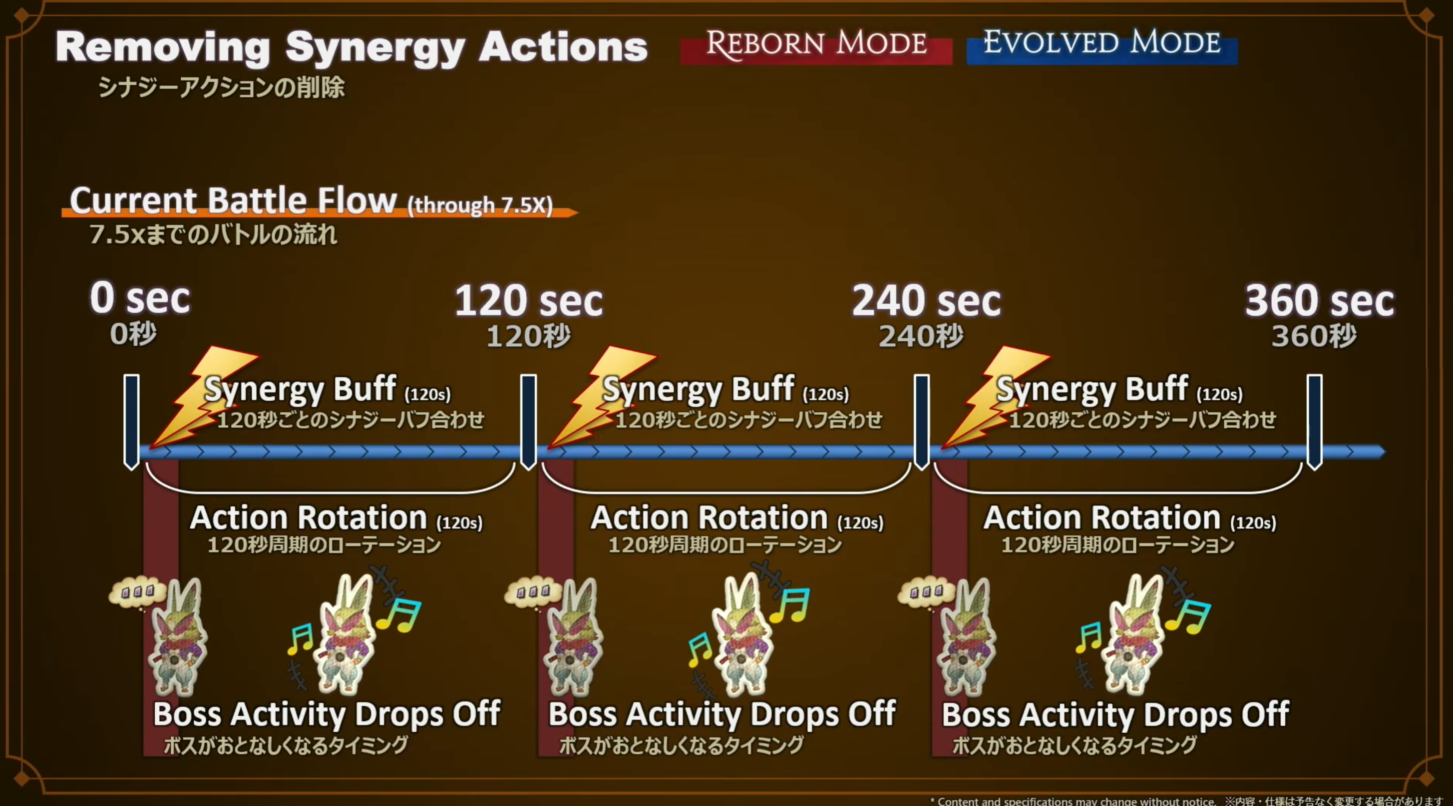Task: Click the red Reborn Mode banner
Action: point(816,45)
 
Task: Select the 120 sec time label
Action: point(528,300)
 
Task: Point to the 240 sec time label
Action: point(926,300)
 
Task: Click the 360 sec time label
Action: point(1319,300)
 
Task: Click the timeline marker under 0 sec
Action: point(131,421)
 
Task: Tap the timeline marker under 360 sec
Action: point(1315,421)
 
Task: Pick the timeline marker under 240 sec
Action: point(922,421)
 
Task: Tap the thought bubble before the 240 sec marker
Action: point(925,592)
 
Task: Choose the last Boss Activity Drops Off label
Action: point(1115,714)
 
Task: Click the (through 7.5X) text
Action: point(480,205)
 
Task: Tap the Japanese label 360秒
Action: point(1314,336)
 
